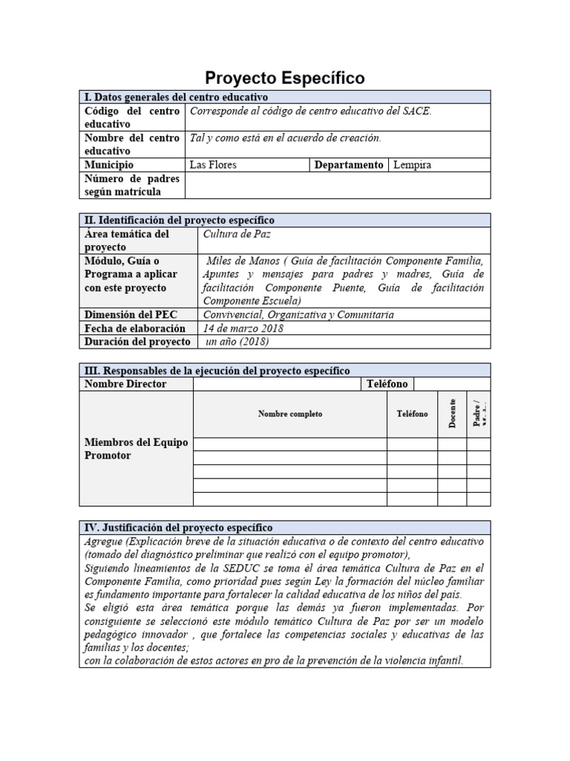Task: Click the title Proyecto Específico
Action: pyautogui.click(x=284, y=78)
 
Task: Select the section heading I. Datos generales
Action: pyautogui.click(x=177, y=97)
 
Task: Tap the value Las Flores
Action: pyautogui.click(x=214, y=165)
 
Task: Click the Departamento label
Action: pyautogui.click(x=349, y=165)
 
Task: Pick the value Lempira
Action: pyautogui.click(x=412, y=165)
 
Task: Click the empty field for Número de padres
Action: pyautogui.click(x=337, y=185)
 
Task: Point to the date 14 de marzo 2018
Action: pyautogui.click(x=243, y=328)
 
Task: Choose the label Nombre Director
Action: pyautogui.click(x=125, y=383)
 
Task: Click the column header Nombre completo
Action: pyautogui.click(x=289, y=414)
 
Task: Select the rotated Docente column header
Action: pyautogui.click(x=451, y=414)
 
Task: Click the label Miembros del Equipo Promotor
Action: pyautogui.click(x=136, y=449)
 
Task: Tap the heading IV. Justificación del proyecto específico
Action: pyautogui.click(x=179, y=527)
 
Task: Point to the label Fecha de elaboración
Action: pyautogui.click(x=135, y=328)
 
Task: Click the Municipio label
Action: pyautogui.click(x=109, y=165)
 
